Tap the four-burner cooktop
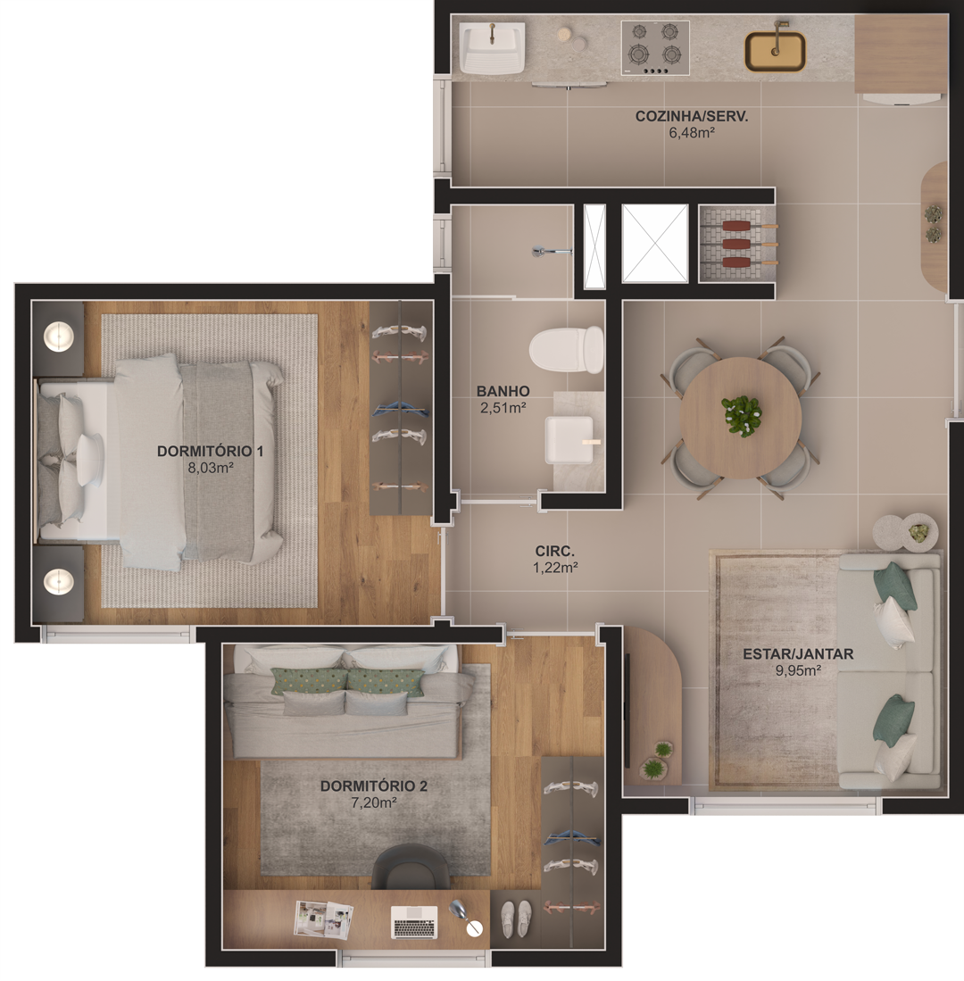tap(655, 48)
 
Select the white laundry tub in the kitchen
tap(492, 47)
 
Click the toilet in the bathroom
tap(566, 349)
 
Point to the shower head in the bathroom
tap(552, 252)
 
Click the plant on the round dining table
tap(741, 415)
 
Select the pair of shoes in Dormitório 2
tap(516, 919)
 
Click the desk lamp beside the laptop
tap(466, 918)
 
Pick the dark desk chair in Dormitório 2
tap(411, 867)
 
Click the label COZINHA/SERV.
tap(691, 116)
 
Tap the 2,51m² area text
tap(503, 408)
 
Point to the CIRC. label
tap(555, 551)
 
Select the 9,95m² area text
tap(798, 670)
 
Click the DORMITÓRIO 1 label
tap(210, 451)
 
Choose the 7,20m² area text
tap(374, 802)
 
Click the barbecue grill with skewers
tap(737, 244)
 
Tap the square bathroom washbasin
tap(569, 440)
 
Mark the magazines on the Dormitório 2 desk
tap(323, 919)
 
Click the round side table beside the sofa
tap(905, 532)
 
